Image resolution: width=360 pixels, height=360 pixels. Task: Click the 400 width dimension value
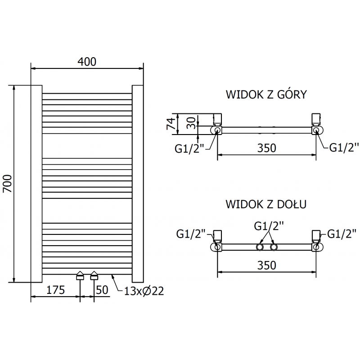tap(87, 62)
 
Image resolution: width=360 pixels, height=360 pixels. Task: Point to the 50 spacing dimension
tap(103, 290)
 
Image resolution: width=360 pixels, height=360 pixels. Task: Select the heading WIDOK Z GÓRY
tap(266, 94)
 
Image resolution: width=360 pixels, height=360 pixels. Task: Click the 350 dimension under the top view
tap(266, 148)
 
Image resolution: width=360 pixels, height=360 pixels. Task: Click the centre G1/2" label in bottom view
tap(269, 226)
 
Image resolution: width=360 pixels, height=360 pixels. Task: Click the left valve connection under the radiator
tap(80, 275)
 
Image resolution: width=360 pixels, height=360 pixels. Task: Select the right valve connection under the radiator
tap(94, 275)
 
